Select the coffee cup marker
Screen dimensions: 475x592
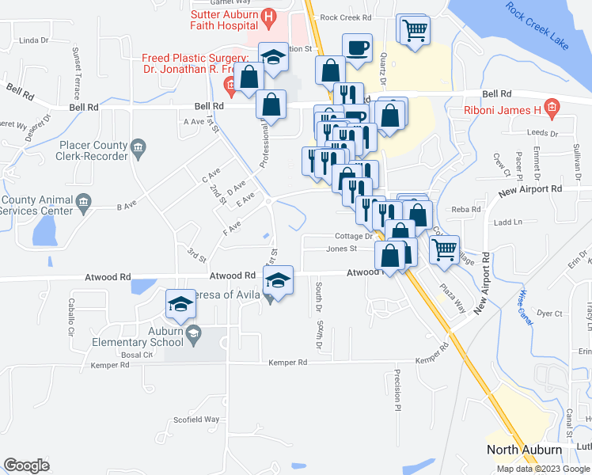coord(357,48)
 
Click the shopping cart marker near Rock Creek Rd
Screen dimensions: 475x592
coord(414,32)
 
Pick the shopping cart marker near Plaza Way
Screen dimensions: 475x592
coord(446,249)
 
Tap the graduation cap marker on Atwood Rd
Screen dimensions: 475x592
coord(278,280)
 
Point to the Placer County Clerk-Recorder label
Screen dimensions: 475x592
coord(93,150)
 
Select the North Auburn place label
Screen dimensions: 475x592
coord(524,450)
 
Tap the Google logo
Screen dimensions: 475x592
coord(26,465)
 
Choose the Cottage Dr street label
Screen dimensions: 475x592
coord(353,236)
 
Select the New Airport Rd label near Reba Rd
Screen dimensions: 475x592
coord(529,190)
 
